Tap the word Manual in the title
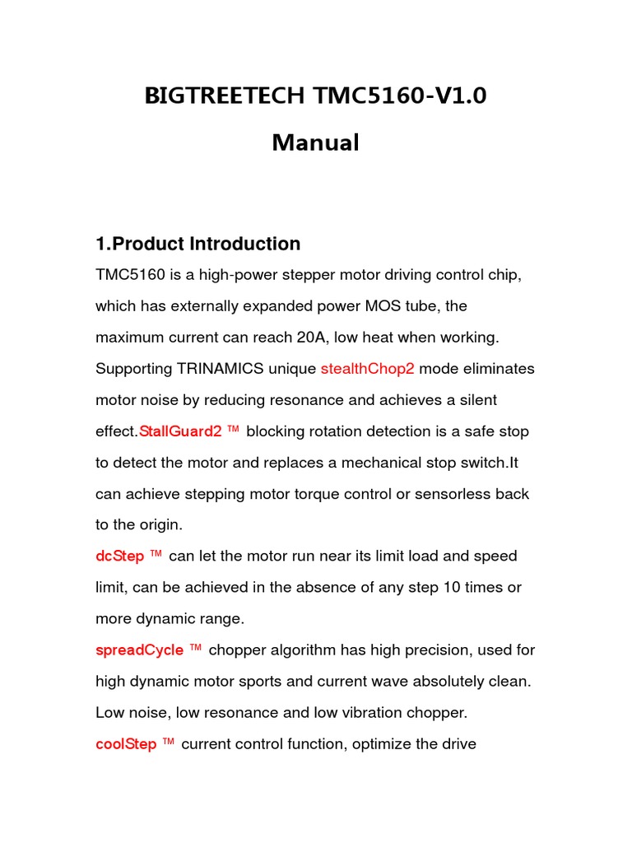tap(315, 142)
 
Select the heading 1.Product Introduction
tap(197, 244)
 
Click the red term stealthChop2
tap(367, 369)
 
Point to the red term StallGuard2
tap(180, 431)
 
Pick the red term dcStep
tap(119, 557)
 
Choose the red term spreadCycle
tap(139, 650)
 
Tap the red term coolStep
tap(126, 744)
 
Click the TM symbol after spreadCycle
tap(195, 649)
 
